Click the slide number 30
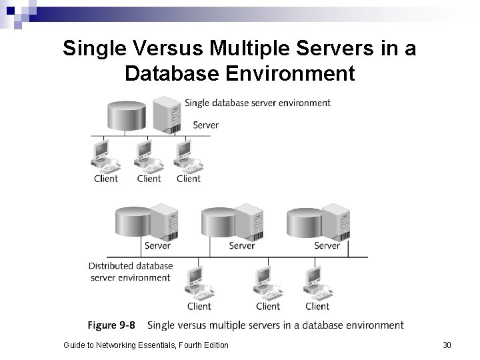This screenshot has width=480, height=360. (447, 345)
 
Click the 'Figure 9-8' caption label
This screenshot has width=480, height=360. (111, 325)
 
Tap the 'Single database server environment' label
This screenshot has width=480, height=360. (257, 103)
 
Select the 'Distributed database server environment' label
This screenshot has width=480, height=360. (131, 271)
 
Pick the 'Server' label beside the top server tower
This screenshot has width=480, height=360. (205, 125)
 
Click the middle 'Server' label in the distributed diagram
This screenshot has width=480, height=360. (241, 245)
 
